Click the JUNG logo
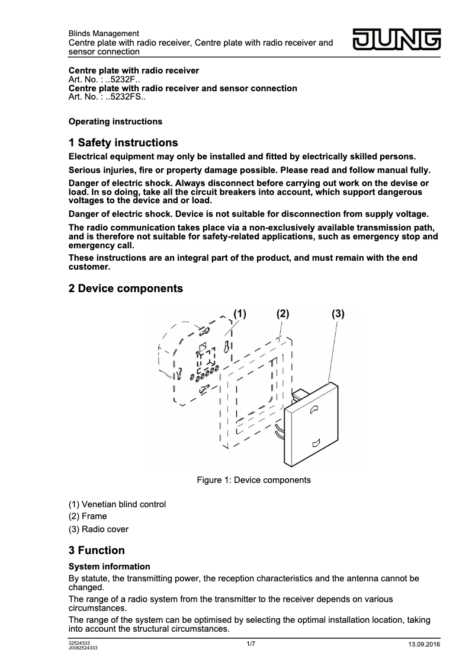click(397, 40)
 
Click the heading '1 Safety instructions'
click(123, 143)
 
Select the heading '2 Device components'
click(126, 289)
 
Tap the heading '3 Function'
click(97, 551)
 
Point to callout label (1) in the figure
click(239, 313)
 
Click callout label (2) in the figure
click(283, 313)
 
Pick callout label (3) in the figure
click(338, 313)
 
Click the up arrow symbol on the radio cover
click(314, 408)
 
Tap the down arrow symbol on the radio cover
click(316, 442)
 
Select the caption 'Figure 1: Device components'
click(253, 480)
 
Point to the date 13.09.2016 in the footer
click(424, 645)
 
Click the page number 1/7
click(251, 644)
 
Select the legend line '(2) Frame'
click(88, 517)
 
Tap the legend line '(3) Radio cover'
click(98, 529)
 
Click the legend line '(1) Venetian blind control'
click(117, 504)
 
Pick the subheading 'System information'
click(109, 567)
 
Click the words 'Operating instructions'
click(115, 121)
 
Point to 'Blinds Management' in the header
click(104, 34)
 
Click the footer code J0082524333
click(83, 648)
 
